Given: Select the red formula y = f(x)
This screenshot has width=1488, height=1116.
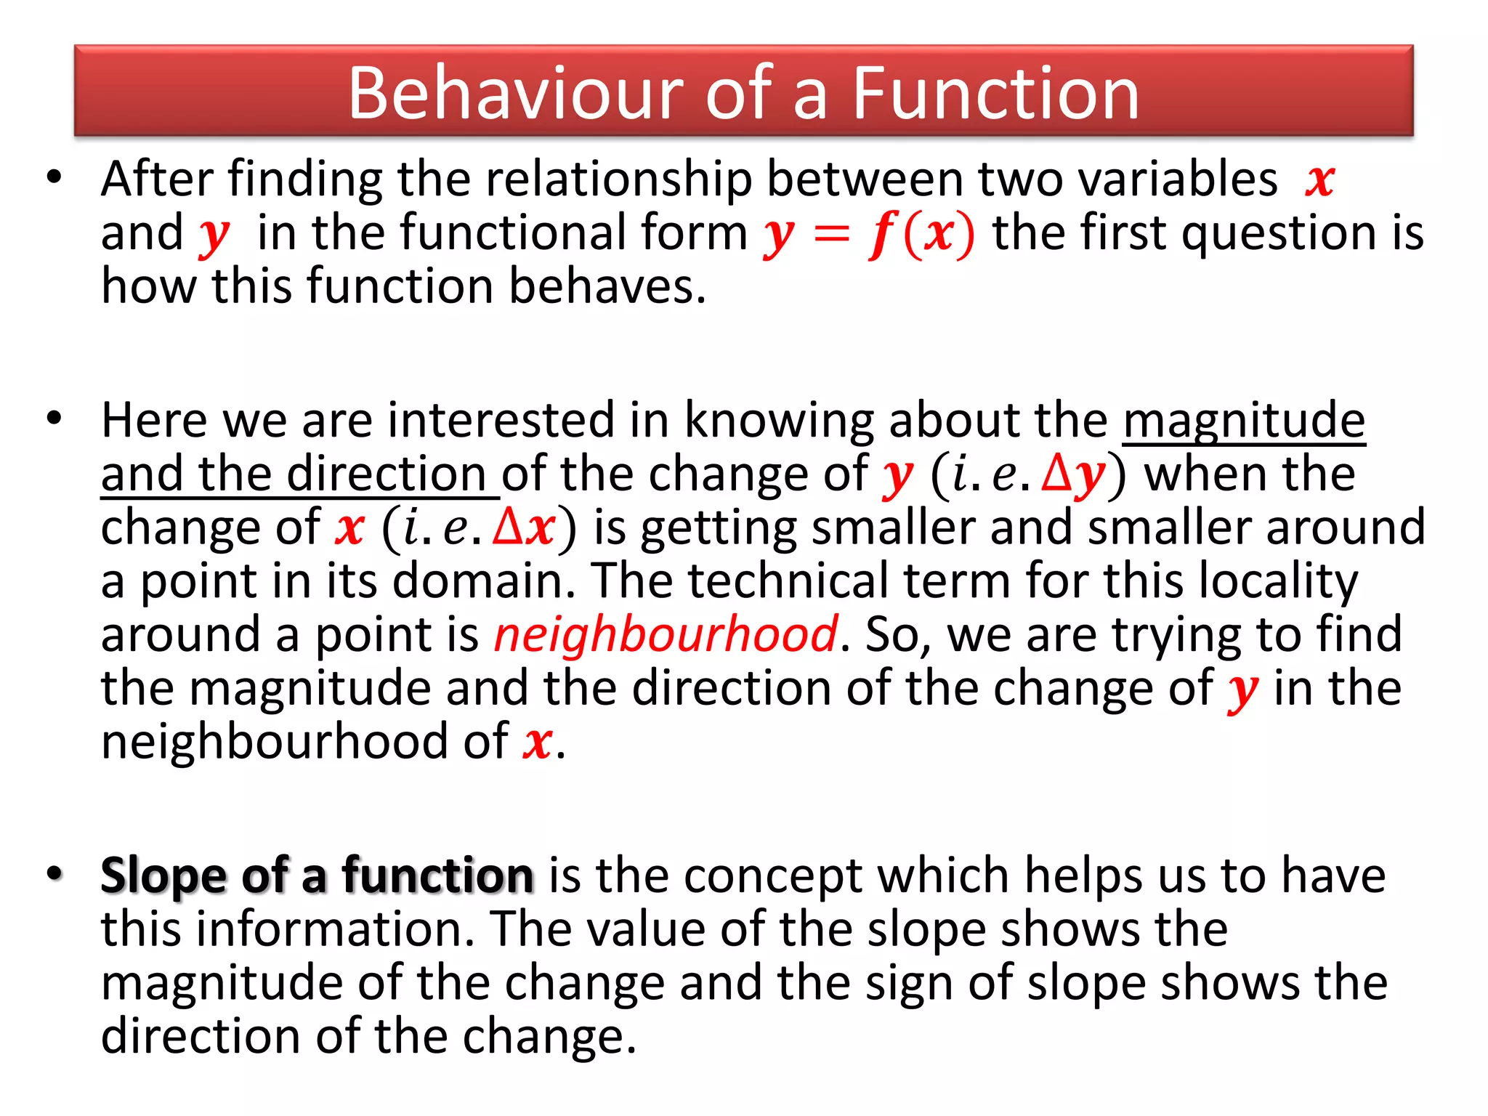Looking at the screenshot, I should coord(868,234).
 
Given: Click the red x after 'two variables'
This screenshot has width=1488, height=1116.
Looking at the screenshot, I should coord(1319,179).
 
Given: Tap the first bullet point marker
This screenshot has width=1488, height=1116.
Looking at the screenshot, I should coord(54,177).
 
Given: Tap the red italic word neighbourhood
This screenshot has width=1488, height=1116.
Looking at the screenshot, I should coord(666,634).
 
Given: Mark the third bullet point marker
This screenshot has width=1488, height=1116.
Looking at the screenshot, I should coord(54,873).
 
